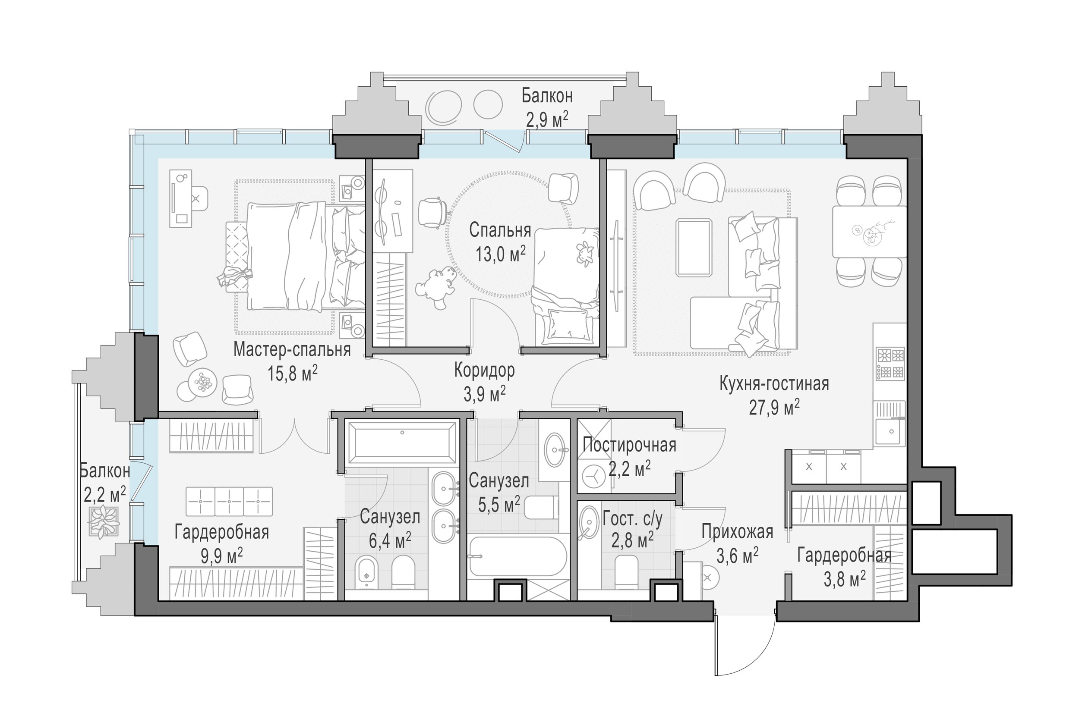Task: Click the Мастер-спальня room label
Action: coord(292,350)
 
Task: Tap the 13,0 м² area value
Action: coord(500,254)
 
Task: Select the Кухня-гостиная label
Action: coord(774,384)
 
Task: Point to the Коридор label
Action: coord(484,370)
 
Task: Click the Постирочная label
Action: coord(629,445)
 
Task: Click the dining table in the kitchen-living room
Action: coord(869,232)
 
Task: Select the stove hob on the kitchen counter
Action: coord(890,364)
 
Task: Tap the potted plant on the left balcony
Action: coord(104,522)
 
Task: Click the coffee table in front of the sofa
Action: coord(694,248)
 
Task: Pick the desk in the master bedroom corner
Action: coord(181,198)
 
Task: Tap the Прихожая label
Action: coord(737,532)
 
